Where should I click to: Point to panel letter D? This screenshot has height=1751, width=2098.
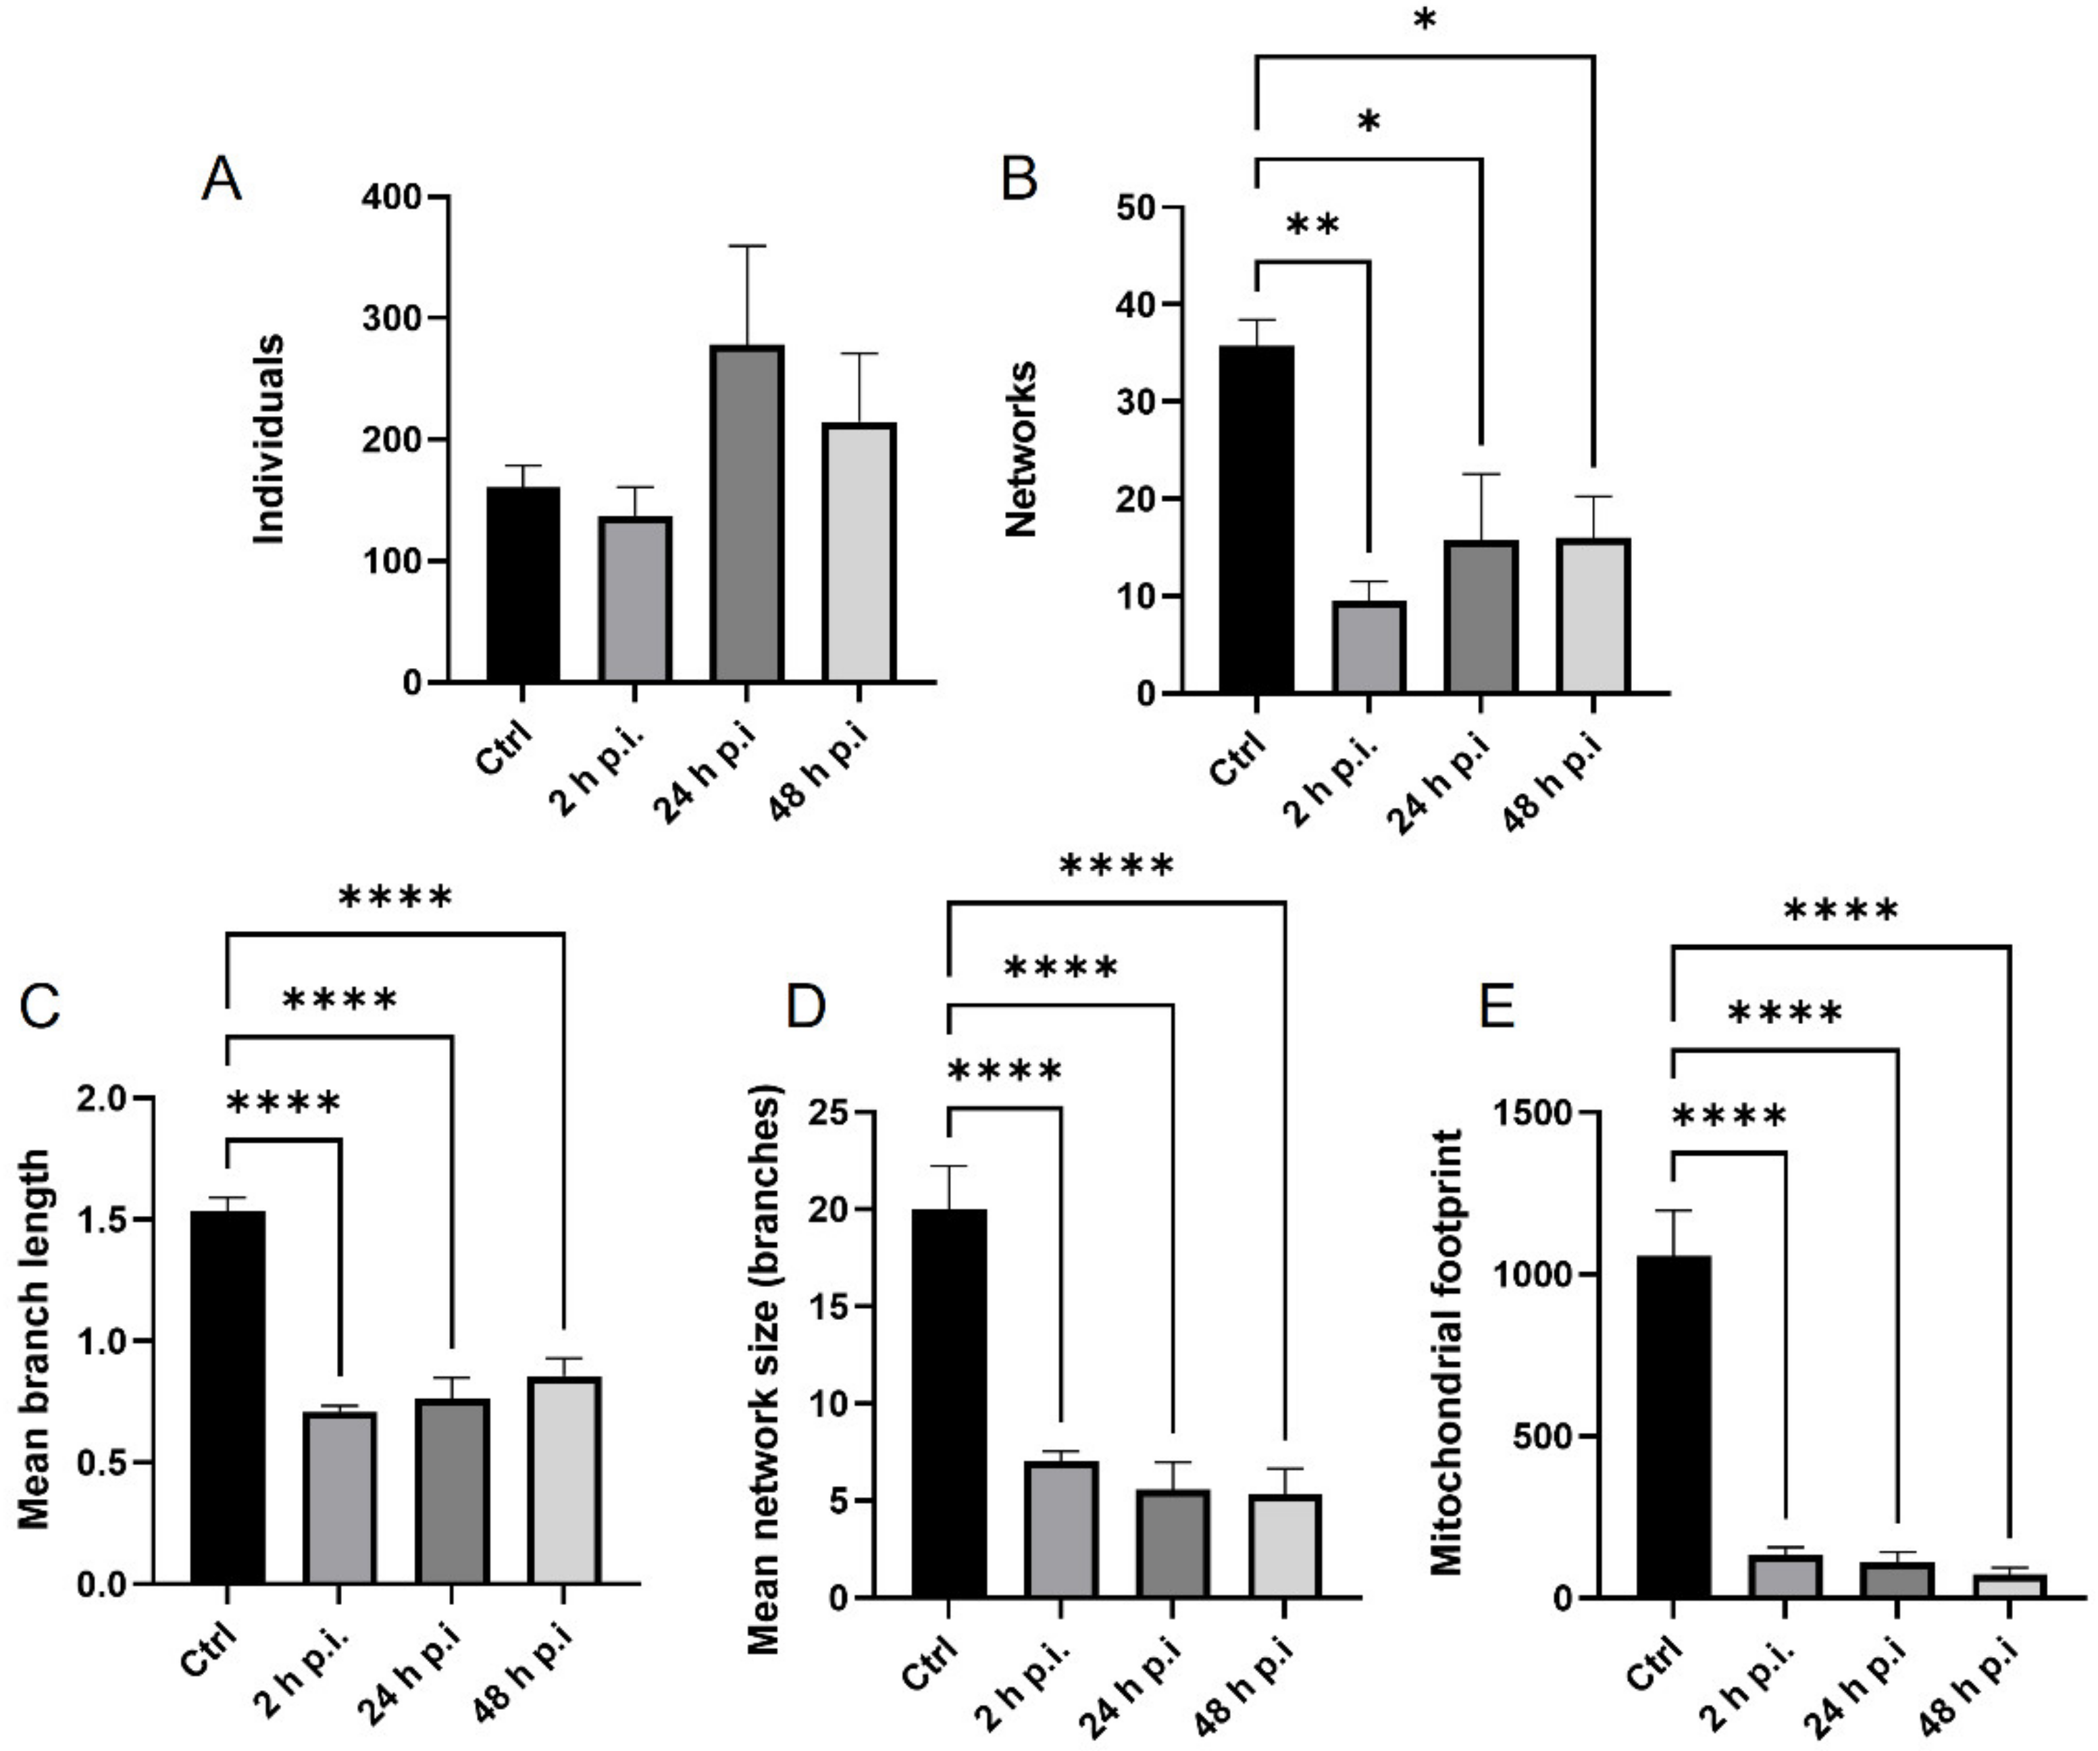pos(807,1007)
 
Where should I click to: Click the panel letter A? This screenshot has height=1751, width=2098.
pos(221,181)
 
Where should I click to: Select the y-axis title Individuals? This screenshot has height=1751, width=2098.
pos(269,440)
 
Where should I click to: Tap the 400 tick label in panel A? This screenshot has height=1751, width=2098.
pos(392,197)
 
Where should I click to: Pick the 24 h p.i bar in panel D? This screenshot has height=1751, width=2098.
pos(1172,1543)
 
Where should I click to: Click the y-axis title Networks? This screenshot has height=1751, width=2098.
pos(1021,450)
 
